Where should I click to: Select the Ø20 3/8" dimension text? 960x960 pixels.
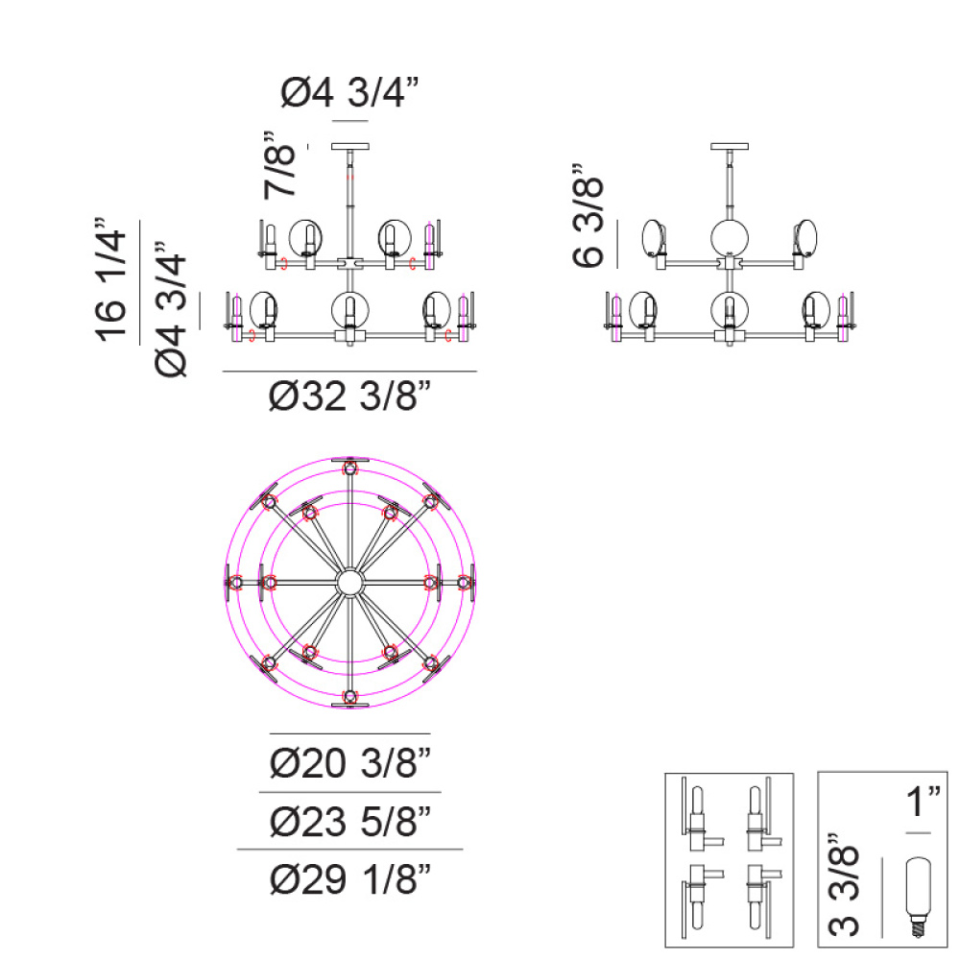(x=350, y=762)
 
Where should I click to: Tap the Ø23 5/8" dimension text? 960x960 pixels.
(x=350, y=821)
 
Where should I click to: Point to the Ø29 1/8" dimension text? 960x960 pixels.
(x=350, y=878)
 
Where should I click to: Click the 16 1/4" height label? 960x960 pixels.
(x=110, y=279)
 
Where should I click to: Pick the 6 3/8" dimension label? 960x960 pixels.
(x=588, y=215)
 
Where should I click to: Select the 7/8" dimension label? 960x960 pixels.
(x=279, y=165)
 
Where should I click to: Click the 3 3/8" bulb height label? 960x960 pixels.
(x=844, y=885)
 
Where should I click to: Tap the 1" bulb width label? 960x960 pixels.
(x=922, y=801)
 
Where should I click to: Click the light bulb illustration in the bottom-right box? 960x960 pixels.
(x=918, y=897)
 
